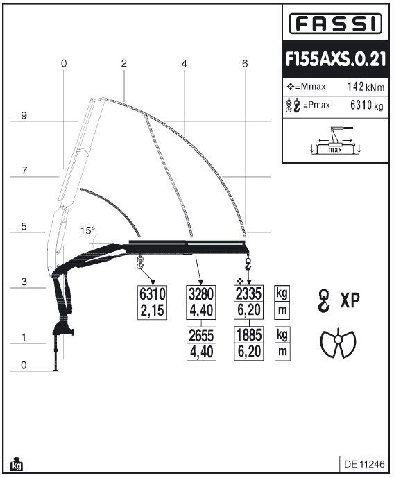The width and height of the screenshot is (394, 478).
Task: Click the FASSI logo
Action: [x=335, y=23]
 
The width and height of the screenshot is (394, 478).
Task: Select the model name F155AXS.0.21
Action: [x=336, y=59]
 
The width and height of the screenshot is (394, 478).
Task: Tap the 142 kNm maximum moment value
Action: [x=366, y=87]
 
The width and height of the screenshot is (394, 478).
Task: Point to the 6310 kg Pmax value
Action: [x=366, y=105]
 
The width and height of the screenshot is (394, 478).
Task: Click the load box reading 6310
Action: [x=153, y=294]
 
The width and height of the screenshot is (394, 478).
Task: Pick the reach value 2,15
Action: [x=153, y=311]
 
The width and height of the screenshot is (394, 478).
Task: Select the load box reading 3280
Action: [x=200, y=294]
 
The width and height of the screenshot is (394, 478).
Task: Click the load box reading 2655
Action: [x=201, y=336]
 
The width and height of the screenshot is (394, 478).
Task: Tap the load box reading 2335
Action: [x=248, y=294]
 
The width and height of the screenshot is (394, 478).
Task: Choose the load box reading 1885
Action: [x=249, y=335]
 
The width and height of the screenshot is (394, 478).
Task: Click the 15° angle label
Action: [x=88, y=231]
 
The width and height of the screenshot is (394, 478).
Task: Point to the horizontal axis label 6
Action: [x=245, y=64]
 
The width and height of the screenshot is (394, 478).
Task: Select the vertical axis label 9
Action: [x=24, y=116]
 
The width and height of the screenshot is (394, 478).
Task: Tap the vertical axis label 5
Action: [x=24, y=226]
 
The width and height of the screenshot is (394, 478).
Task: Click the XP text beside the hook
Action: [x=350, y=300]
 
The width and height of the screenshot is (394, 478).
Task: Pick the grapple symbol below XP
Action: [x=338, y=343]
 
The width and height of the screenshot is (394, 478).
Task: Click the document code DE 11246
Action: [x=364, y=464]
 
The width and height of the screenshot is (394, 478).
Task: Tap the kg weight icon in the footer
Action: [x=17, y=464]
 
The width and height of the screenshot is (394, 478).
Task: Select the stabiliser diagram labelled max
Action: [x=335, y=141]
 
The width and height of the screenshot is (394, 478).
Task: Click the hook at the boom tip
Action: [x=248, y=264]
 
